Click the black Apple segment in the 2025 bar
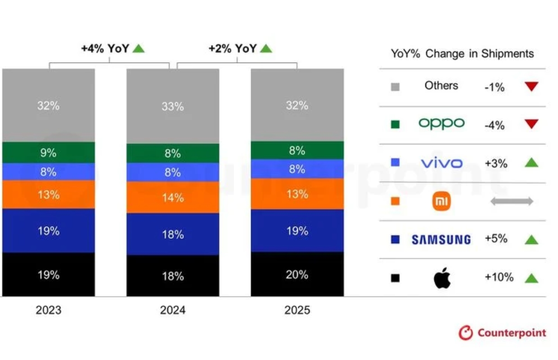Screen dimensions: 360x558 [x=297, y=274]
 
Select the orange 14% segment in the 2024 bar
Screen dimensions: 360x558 [x=173, y=197]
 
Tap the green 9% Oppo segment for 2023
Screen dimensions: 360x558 [x=48, y=153]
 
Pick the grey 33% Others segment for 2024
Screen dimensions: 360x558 [x=173, y=106]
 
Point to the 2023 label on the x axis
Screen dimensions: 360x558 [x=48, y=310]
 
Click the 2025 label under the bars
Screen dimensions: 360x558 [x=297, y=310]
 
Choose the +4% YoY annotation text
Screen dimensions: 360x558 [x=105, y=49]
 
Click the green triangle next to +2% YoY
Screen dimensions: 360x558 [x=266, y=48]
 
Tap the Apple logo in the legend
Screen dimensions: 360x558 [x=442, y=278]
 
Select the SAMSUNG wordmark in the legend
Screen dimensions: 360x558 [x=441, y=239]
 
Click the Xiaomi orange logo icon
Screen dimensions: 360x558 [x=441, y=201]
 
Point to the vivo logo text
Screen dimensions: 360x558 [x=441, y=163]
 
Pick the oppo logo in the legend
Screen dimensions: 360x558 [x=441, y=123]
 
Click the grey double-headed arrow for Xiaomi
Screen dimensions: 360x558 [x=512, y=201]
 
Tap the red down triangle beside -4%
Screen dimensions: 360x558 [x=531, y=124]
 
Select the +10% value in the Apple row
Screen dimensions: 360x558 [x=499, y=277]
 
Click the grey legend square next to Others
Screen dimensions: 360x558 [x=395, y=86]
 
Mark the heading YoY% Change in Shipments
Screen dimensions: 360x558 [x=462, y=54]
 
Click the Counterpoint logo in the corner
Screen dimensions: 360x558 [x=502, y=333]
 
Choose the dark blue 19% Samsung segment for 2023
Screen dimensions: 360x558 [x=48, y=230]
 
